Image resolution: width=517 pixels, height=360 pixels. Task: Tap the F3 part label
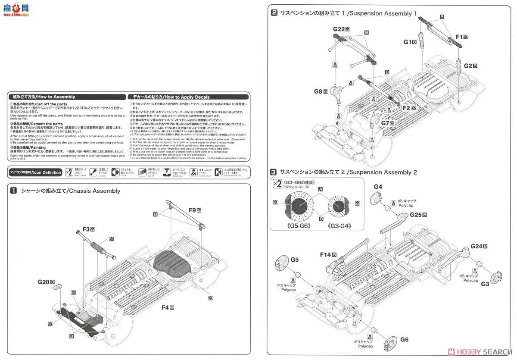click(86, 229)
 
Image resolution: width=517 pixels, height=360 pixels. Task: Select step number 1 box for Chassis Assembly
click(14, 191)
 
